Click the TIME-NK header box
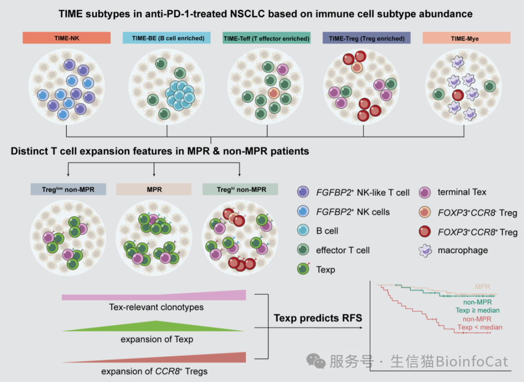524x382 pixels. coord(66,38)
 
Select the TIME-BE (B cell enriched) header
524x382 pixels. coord(166,38)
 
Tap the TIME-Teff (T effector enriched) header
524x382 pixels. coord(266,38)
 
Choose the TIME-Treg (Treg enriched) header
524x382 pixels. coord(366,38)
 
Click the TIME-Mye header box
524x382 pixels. coord(466,38)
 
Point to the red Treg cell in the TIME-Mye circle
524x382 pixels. coord(458,95)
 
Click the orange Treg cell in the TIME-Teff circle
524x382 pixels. coord(274,93)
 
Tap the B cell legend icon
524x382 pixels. coord(303,230)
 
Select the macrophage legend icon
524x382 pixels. coord(425,251)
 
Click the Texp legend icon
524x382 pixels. coord(303,269)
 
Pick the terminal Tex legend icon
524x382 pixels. coord(425,192)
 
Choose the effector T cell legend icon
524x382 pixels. coord(303,250)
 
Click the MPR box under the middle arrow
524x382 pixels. coord(154,190)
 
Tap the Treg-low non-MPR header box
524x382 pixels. coord(68,190)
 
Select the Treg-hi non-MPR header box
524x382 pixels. coord(240,190)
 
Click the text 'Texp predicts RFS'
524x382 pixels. coord(318,318)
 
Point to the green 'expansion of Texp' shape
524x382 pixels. coord(154,327)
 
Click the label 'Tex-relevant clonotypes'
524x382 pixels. coord(156,307)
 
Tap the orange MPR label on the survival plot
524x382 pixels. coord(482,286)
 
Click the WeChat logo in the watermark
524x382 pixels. coord(316,361)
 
